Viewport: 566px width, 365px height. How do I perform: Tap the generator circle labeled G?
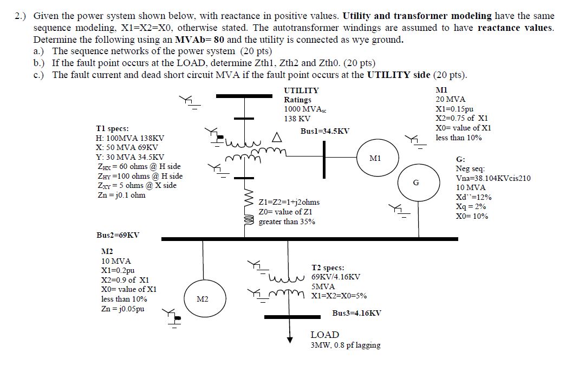click(415, 182)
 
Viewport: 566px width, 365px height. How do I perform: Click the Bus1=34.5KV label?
click(325, 131)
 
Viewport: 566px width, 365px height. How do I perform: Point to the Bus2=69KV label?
click(118, 235)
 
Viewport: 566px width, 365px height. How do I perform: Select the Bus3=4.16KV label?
click(356, 313)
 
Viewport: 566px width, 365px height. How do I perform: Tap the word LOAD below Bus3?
click(325, 335)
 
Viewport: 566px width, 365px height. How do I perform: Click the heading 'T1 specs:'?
click(112, 129)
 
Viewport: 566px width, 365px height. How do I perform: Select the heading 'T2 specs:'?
click(328, 268)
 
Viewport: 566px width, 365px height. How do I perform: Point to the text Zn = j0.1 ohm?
click(120, 195)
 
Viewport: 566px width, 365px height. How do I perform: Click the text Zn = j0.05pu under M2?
click(122, 309)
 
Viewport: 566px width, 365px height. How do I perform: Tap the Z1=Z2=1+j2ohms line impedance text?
click(289, 202)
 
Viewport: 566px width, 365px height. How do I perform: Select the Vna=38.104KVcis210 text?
click(493, 178)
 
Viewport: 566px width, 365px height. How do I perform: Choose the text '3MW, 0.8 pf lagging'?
click(346, 345)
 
